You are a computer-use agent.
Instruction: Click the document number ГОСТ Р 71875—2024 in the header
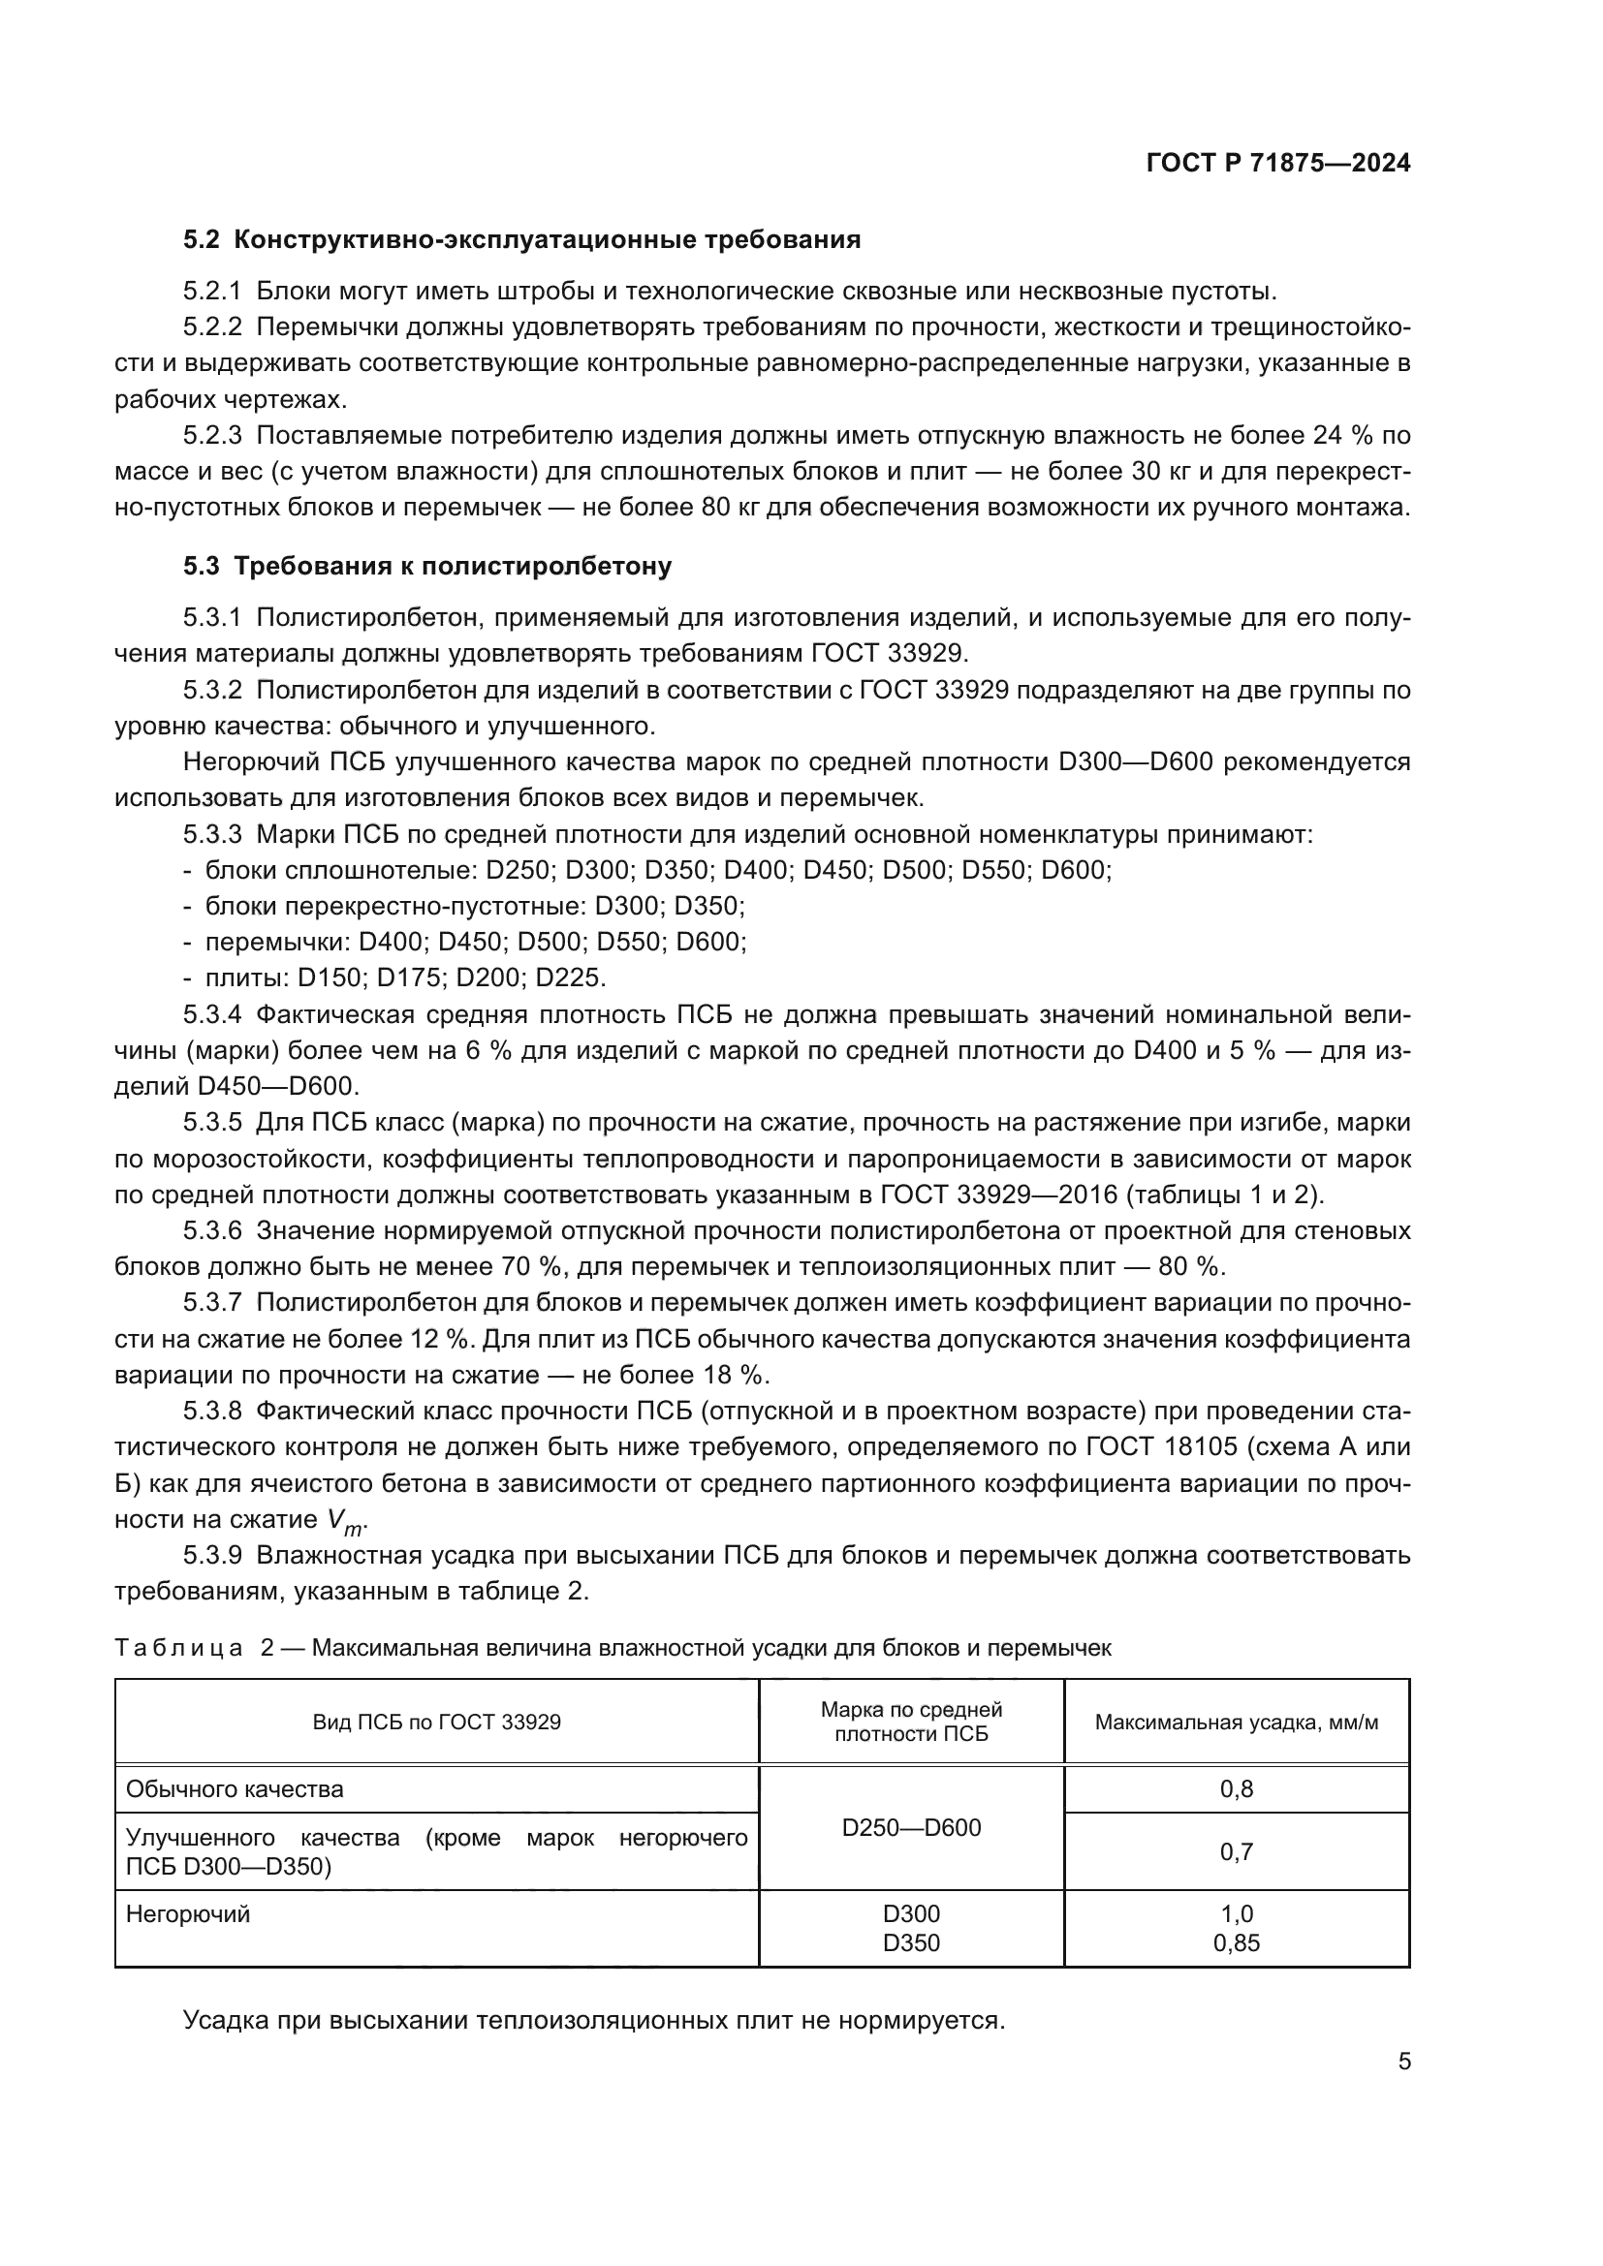tap(1278, 163)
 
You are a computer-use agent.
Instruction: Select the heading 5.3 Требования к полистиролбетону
tap(426, 567)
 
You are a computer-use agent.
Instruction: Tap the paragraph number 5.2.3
tap(212, 435)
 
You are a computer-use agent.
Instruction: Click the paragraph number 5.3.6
tap(212, 1230)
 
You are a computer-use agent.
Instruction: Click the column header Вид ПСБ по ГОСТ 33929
tap(436, 1723)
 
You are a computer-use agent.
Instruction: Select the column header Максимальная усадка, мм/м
tap(1236, 1723)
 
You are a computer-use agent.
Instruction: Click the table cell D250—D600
tap(911, 1828)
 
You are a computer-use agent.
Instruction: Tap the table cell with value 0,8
tap(1236, 1789)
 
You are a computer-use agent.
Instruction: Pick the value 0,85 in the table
tap(1236, 1943)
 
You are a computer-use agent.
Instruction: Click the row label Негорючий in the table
tap(188, 1914)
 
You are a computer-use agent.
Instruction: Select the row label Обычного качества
tap(235, 1789)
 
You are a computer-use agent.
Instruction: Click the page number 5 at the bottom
tap(1403, 2062)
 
